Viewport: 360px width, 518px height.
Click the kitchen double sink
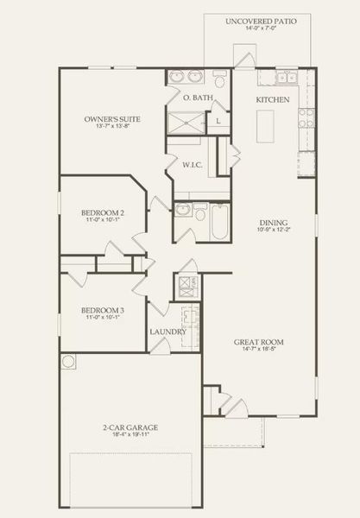287,79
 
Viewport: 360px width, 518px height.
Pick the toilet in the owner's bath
220,80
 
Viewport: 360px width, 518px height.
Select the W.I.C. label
192,164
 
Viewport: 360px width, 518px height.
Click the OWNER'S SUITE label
112,118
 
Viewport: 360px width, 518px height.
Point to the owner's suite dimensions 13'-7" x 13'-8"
112,128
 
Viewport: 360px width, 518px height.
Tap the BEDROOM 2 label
103,212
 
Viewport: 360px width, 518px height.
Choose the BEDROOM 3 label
103,310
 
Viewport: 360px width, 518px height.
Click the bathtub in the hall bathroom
217,221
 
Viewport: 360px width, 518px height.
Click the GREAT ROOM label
259,342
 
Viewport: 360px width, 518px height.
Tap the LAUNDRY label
167,332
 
